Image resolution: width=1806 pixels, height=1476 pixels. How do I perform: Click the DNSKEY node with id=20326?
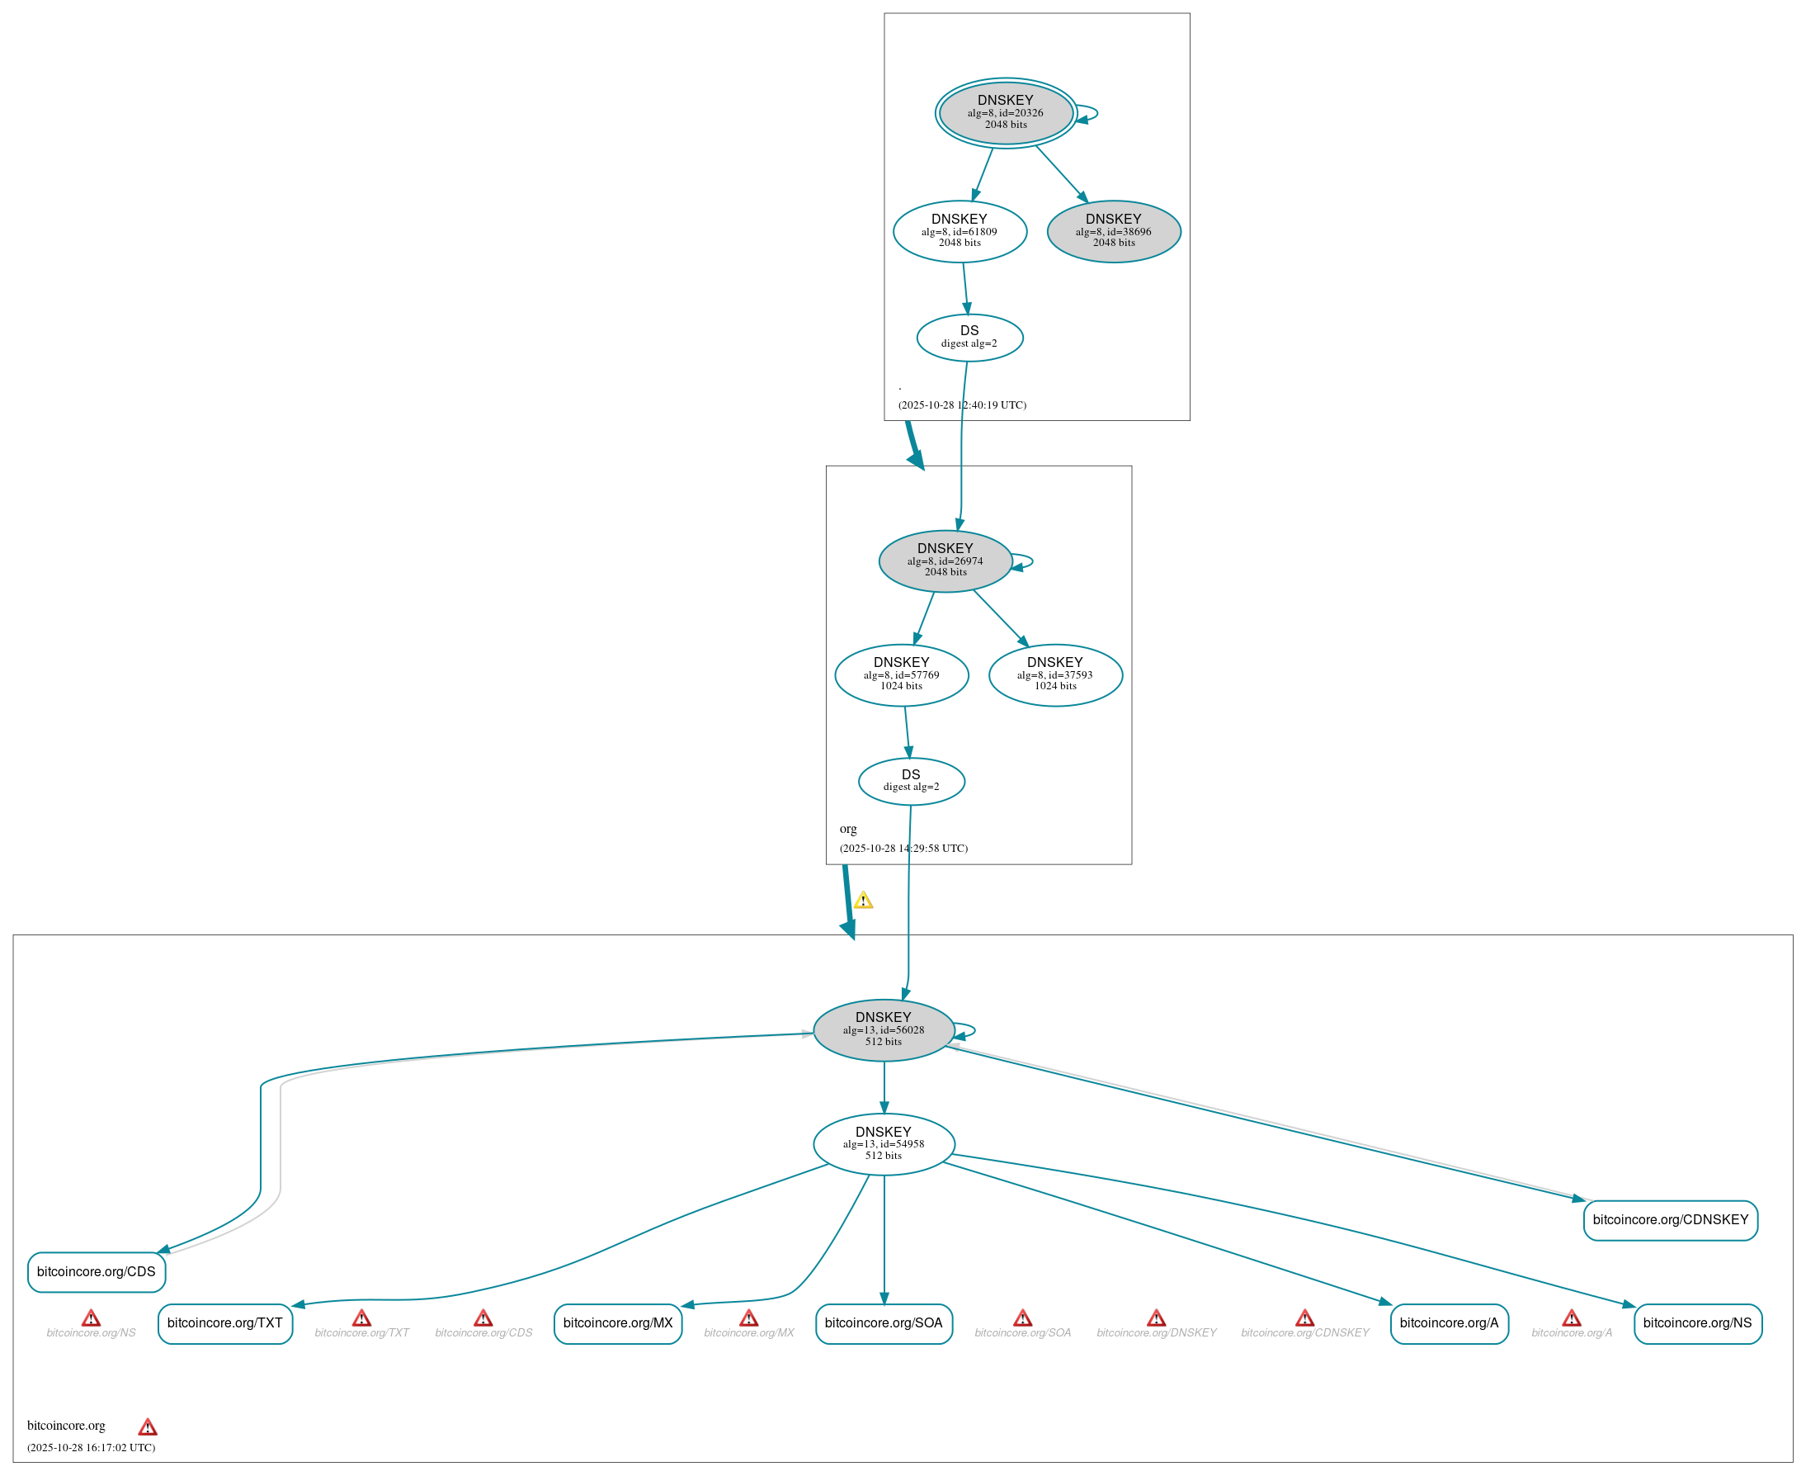(1006, 113)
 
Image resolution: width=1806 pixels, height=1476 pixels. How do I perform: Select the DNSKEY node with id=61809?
(960, 231)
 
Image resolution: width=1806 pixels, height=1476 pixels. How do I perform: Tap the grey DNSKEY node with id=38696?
(1113, 231)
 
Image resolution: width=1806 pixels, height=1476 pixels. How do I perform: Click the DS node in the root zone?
(969, 338)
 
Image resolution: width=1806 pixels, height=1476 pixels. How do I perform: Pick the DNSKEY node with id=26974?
(945, 561)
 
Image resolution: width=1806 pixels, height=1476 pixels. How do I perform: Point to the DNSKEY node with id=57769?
(902, 675)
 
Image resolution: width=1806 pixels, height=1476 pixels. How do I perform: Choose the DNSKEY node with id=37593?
(1055, 675)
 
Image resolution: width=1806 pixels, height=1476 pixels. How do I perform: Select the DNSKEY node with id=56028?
(884, 1029)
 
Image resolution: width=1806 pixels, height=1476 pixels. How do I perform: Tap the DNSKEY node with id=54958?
(884, 1144)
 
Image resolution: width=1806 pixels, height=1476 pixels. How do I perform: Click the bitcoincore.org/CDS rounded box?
(96, 1272)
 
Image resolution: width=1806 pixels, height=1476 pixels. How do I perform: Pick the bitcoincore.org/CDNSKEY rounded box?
(1670, 1220)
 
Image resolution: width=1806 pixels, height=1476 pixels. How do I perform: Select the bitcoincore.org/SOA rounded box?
(884, 1324)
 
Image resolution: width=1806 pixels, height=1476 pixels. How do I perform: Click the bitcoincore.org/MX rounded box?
(618, 1324)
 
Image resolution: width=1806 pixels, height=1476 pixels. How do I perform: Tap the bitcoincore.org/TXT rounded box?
(225, 1324)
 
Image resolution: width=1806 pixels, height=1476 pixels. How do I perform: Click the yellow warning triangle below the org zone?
(864, 901)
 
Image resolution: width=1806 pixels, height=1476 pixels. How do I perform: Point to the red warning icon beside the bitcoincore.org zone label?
(147, 1427)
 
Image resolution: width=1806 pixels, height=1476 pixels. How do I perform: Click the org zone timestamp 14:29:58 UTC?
(903, 848)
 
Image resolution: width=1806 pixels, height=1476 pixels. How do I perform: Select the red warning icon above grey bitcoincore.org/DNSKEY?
(1156, 1318)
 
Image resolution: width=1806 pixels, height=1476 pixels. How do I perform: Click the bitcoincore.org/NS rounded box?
(1697, 1324)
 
